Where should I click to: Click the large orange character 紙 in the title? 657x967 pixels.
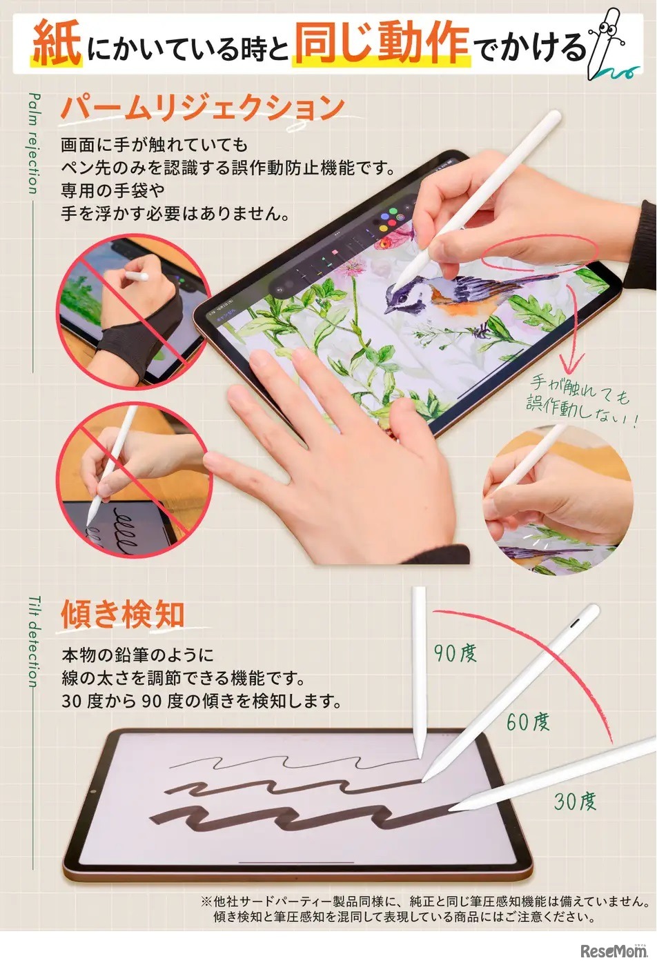[x=57, y=43]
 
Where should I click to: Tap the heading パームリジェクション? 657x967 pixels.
[x=202, y=108]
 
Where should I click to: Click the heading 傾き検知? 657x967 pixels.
[x=123, y=613]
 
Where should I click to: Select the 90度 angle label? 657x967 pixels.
[x=455, y=652]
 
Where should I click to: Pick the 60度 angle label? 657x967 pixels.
[x=528, y=722]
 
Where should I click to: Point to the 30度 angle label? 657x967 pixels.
[x=575, y=801]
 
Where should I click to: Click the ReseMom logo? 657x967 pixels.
[x=613, y=951]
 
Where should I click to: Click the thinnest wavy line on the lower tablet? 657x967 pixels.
[x=290, y=764]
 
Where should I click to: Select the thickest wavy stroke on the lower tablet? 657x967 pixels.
[x=297, y=817]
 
